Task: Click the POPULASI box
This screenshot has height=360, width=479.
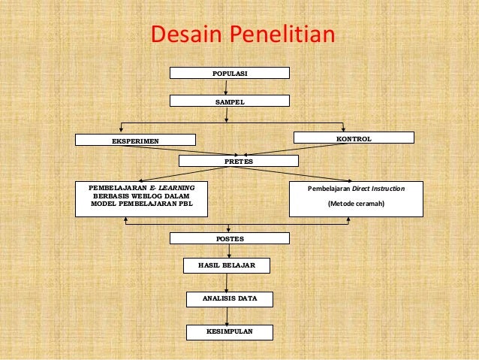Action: point(229,73)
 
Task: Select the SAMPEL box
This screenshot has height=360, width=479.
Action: point(229,101)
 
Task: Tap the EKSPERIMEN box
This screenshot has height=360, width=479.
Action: point(135,140)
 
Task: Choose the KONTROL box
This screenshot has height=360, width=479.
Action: point(353,138)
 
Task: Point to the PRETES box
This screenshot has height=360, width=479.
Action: point(239,161)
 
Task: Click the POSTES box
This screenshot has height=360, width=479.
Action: point(229,239)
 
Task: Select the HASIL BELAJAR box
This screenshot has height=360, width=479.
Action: point(227,266)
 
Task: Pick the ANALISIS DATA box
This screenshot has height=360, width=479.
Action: point(229,299)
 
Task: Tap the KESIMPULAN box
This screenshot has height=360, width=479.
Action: point(229,331)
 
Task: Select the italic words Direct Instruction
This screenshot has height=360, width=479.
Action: point(379,188)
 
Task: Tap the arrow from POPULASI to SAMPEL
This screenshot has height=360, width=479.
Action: point(226,87)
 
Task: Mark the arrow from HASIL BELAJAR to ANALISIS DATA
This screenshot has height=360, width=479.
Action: point(227,283)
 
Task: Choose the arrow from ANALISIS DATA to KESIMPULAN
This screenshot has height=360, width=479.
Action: point(227,316)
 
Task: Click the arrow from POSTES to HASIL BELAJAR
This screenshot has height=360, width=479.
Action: point(227,252)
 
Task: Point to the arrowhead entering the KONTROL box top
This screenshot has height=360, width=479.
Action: point(343,129)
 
